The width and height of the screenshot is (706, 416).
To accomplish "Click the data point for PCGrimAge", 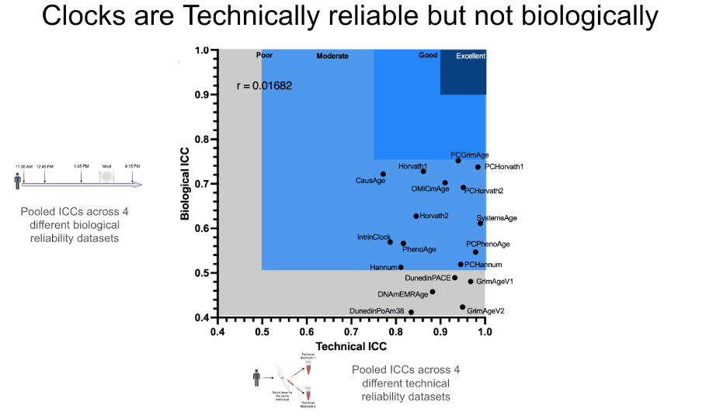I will point(458,161).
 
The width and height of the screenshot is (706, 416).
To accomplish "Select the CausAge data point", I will point(383,174).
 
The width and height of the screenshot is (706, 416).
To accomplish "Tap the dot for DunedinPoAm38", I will point(411,312).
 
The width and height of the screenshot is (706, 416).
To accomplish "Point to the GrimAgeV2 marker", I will point(463,307).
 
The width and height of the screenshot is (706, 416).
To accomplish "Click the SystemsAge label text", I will point(496,218).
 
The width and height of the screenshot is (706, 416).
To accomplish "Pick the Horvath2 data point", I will point(416,216).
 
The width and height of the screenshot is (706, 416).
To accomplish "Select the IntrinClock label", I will point(374,237).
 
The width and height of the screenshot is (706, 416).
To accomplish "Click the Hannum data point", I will point(401,267).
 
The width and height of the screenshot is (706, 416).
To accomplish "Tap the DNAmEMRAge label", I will point(403,295).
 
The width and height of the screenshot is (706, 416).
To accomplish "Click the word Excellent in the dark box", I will point(471,56).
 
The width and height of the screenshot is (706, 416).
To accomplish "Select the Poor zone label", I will point(265,55).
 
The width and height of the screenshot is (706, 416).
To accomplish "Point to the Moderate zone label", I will point(332,56).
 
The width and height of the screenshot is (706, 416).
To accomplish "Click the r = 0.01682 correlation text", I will point(264,85).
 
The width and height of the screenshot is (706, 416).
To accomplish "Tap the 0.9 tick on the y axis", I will point(203,95).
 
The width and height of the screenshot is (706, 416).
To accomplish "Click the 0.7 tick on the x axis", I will point(352,332).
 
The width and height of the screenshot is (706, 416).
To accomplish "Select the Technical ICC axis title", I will point(351,346).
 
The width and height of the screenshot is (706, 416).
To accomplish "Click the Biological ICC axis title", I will point(186,184).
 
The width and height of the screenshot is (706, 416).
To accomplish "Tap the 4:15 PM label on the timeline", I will point(132,166).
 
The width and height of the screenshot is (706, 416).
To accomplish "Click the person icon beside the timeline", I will point(18,182).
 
